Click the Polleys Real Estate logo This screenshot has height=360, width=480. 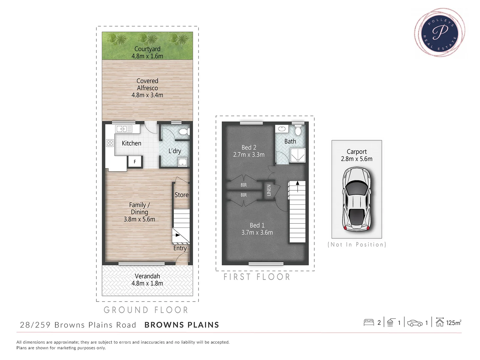[x=440, y=32]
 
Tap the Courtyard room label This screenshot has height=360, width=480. [x=147, y=49]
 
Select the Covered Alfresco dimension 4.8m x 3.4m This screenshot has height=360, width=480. [x=147, y=95]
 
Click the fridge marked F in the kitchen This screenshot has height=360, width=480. [x=135, y=162]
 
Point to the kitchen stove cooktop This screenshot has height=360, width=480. [x=110, y=143]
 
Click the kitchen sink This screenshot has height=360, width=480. [x=124, y=129]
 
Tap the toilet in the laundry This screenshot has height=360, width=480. [x=184, y=132]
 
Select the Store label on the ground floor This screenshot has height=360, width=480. [x=181, y=195]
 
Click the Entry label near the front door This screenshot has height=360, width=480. [x=180, y=248]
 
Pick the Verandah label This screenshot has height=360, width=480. [x=147, y=276]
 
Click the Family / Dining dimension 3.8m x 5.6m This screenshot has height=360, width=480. [x=139, y=219]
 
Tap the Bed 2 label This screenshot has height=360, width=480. [x=249, y=147]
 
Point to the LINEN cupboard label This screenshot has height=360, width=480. [x=269, y=190]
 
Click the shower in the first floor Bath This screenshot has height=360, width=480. [x=298, y=155]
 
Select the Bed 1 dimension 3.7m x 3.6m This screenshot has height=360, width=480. [x=257, y=233]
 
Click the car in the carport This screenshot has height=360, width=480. [x=357, y=199]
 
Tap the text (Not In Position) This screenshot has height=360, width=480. [x=357, y=245]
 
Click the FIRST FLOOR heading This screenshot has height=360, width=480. [x=257, y=277]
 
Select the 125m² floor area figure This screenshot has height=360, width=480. [x=453, y=323]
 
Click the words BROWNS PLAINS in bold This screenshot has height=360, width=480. [x=182, y=325]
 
